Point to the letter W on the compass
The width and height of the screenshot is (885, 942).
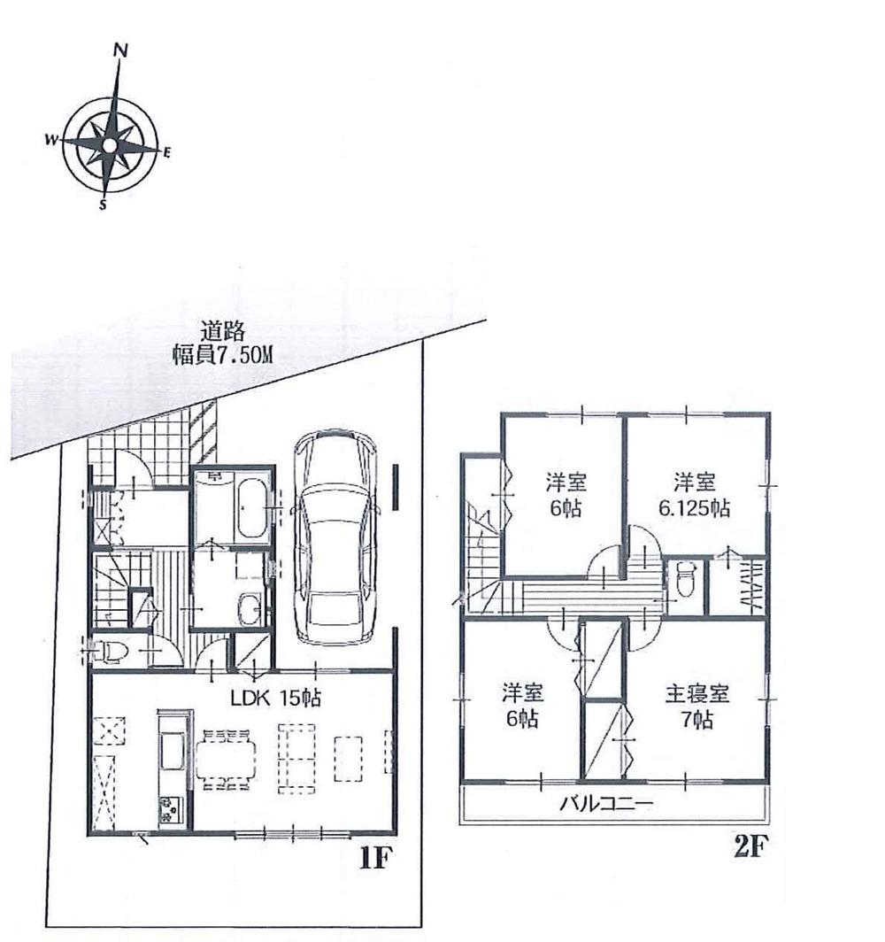coord(51,139)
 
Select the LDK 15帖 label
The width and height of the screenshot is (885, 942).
coord(275,698)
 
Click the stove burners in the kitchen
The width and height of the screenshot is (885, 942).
coord(168,807)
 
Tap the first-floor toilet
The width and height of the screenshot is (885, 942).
coord(110,651)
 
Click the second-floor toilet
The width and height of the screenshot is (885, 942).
coord(682,582)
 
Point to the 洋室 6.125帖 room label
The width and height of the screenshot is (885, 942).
coord(696,497)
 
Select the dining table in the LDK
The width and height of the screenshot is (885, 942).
coord(227,758)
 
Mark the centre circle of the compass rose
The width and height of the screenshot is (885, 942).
coord(108,145)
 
